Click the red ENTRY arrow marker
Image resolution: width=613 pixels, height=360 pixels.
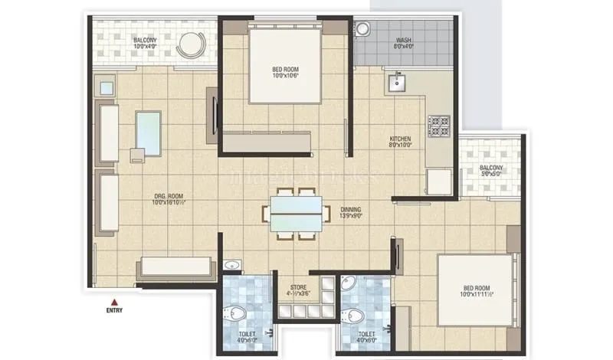[x=114, y=301]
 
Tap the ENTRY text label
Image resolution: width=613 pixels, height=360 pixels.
[x=114, y=311]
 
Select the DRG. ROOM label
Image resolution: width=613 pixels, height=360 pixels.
[x=168, y=198]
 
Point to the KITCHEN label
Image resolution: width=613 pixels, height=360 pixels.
[x=401, y=139]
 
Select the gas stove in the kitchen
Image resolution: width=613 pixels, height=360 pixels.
[x=438, y=124]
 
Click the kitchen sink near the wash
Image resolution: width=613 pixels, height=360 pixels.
[x=397, y=81]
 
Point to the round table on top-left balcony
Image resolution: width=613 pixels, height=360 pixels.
[x=187, y=45]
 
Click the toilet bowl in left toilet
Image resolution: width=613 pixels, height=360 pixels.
[x=236, y=313]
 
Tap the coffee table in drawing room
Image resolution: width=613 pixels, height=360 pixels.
[x=148, y=129]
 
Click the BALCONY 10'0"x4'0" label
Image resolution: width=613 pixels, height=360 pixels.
[x=146, y=43]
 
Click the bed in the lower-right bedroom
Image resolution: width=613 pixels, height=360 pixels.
[x=476, y=290]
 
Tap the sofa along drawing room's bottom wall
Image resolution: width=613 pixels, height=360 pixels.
[x=175, y=267]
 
